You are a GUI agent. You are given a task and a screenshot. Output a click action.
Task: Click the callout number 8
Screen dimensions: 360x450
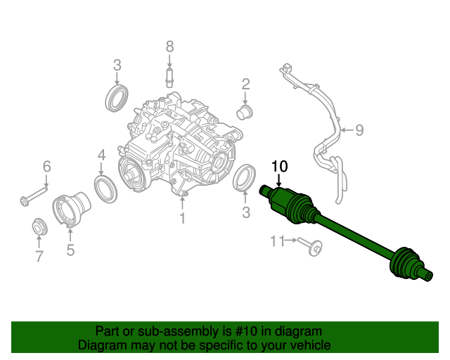click(x=169, y=46)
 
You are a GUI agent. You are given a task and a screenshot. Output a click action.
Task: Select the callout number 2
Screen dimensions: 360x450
click(x=245, y=84)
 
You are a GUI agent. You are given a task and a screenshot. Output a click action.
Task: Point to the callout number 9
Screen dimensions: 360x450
click(x=359, y=129)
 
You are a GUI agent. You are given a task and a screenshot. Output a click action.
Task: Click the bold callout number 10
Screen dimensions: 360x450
click(x=280, y=167)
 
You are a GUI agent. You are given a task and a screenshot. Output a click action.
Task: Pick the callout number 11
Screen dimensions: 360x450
click(x=277, y=241)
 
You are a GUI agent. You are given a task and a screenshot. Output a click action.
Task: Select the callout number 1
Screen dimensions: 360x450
click(x=181, y=219)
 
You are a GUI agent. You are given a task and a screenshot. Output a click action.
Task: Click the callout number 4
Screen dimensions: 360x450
click(x=101, y=155)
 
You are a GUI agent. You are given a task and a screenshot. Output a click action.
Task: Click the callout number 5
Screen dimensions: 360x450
click(x=70, y=250)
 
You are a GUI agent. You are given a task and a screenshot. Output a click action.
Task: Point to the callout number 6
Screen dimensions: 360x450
click(x=47, y=167)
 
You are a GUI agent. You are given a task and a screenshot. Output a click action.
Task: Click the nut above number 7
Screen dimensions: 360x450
click(x=40, y=228)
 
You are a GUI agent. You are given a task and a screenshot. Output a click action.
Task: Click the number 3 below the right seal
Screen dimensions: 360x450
click(x=245, y=212)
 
